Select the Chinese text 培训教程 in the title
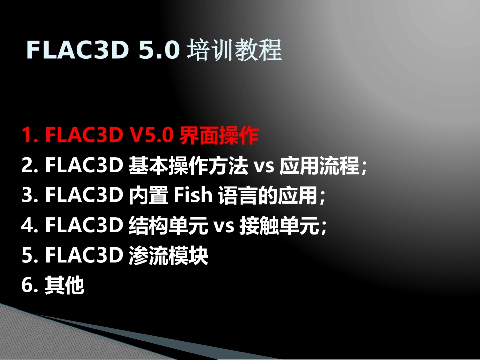coord(234,50)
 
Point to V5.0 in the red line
coord(153,136)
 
